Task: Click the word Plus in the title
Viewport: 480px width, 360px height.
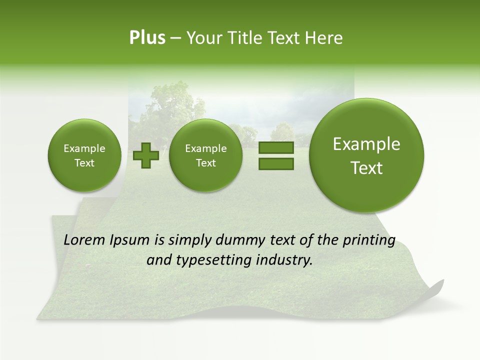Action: pyautogui.click(x=147, y=38)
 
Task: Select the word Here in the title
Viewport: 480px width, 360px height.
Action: pyautogui.click(x=323, y=38)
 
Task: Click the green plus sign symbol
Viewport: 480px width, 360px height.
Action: pyautogui.click(x=146, y=155)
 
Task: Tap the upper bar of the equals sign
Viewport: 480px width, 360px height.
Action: pyautogui.click(x=276, y=148)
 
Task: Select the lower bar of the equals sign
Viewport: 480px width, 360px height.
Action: pyautogui.click(x=276, y=163)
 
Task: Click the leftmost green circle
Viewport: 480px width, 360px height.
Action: pyautogui.click(x=84, y=155)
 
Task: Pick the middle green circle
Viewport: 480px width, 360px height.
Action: pyautogui.click(x=205, y=155)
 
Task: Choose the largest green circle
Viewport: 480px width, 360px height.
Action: pyautogui.click(x=366, y=155)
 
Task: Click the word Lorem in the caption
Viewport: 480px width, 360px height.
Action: pyautogui.click(x=84, y=240)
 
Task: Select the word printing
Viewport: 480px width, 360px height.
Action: pyautogui.click(x=369, y=240)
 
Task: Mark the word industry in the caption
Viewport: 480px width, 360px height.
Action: pyautogui.click(x=284, y=260)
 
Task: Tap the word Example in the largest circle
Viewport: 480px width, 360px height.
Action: pyautogui.click(x=366, y=144)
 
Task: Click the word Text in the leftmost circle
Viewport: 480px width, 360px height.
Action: pyautogui.click(x=84, y=163)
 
